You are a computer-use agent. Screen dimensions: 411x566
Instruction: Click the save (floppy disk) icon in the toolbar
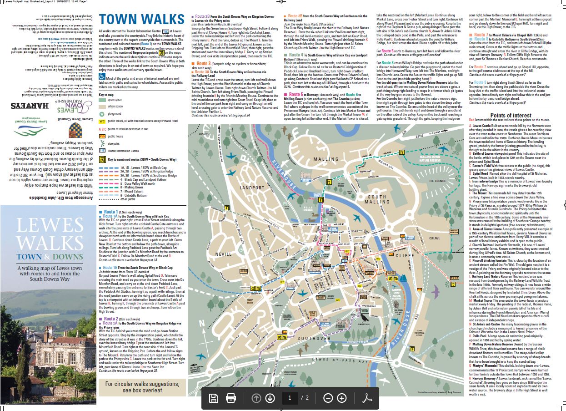[x=213, y=398]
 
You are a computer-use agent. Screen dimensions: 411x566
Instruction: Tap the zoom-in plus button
[x=342, y=398]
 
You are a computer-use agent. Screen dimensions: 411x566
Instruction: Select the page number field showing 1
[x=289, y=398]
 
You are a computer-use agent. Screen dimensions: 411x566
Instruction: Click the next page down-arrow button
[x=270, y=398]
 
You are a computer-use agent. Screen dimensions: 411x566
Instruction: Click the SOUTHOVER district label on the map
[x=314, y=338]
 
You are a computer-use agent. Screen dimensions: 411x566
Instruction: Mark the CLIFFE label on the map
[x=403, y=255]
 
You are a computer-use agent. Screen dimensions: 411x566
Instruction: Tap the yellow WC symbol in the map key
[x=102, y=122]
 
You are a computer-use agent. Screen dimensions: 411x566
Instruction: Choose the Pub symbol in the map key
[x=102, y=136]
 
